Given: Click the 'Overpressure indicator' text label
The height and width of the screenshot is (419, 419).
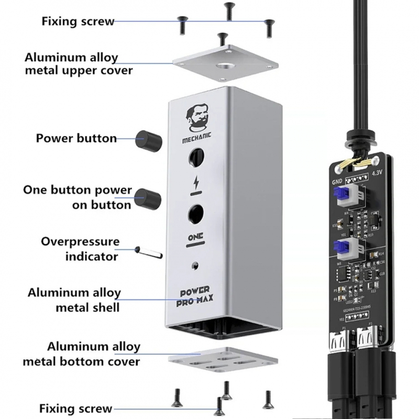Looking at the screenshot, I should pyautogui.click(x=81, y=249).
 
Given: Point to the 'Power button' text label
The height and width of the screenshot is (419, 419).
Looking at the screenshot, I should pyautogui.click(x=76, y=139).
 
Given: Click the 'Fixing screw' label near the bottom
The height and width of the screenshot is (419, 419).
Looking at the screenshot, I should pyautogui.click(x=76, y=408).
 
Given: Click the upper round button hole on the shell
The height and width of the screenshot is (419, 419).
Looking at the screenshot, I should pyautogui.click(x=196, y=157).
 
